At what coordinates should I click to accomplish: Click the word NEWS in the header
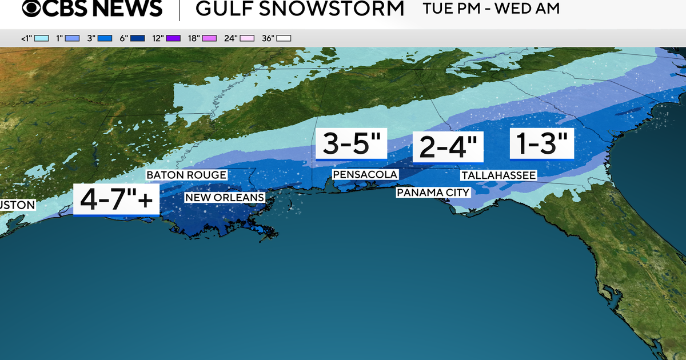[130, 10]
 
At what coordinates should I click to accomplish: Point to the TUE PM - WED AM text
[491, 9]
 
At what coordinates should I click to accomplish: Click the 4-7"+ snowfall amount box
[117, 199]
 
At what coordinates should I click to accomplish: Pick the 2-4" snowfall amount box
[448, 147]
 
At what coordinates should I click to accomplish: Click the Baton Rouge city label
[186, 175]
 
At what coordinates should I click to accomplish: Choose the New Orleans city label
[224, 198]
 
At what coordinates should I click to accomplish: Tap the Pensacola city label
[365, 174]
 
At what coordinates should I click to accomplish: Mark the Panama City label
[433, 193]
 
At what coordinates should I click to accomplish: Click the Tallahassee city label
[499, 175]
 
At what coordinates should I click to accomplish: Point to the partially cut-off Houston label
[18, 205]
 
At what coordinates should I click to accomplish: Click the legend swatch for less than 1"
[41, 38]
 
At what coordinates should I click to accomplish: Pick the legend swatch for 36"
[284, 38]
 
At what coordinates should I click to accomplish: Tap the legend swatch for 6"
[139, 38]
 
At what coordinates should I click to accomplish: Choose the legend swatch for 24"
[248, 38]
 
